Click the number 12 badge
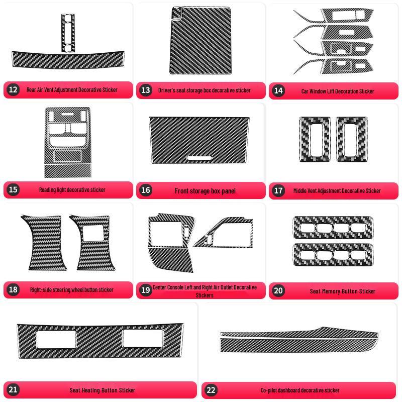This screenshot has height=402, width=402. (13, 89)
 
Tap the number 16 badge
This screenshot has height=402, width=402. (146, 190)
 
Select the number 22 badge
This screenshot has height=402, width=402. (211, 390)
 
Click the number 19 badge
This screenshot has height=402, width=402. (146, 290)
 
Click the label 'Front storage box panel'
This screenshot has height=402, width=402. (205, 191)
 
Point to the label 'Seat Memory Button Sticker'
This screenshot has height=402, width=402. (343, 291)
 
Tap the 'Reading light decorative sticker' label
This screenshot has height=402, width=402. (72, 190)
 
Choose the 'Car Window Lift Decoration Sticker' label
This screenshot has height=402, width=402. (337, 91)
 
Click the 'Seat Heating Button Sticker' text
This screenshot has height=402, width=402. (103, 390)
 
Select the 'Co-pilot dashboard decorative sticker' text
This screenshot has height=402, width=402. (300, 390)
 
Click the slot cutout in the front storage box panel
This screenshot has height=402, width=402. (199, 158)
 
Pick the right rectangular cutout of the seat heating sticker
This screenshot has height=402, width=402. (143, 338)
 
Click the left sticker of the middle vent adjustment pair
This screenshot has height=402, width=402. (315, 139)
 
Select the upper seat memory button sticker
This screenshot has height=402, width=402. (333, 228)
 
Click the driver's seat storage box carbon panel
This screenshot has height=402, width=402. (200, 41)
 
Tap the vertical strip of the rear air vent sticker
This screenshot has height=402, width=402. (68, 33)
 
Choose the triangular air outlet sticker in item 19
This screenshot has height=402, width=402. (223, 232)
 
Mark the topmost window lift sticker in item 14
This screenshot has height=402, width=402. (333, 16)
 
